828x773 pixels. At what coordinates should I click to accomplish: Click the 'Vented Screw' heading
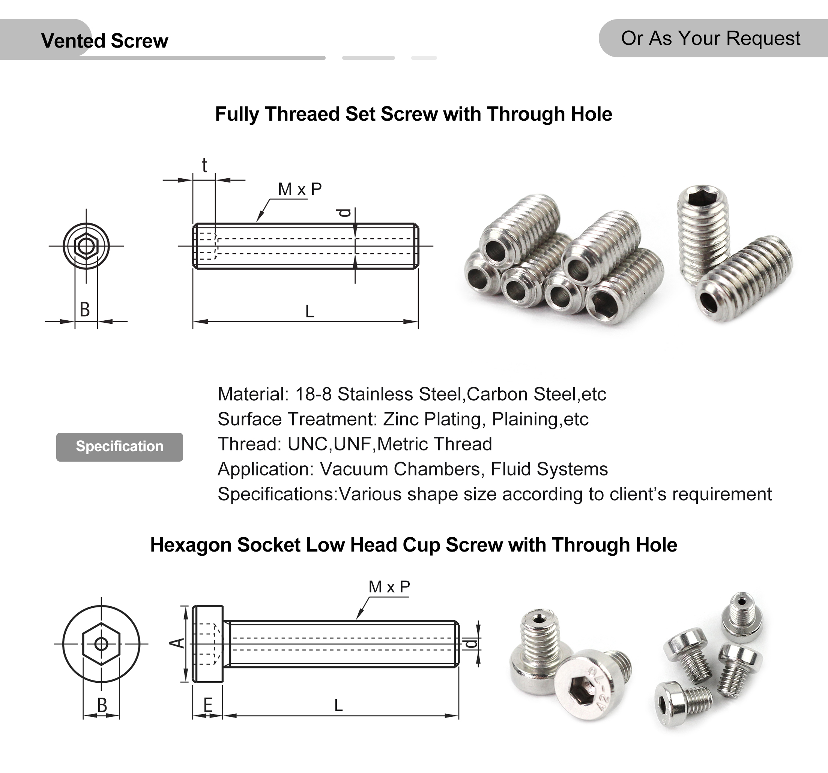pos(105,41)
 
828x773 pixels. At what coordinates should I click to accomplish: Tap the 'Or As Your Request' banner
pos(710,38)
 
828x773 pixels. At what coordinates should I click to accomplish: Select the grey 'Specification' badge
pos(120,446)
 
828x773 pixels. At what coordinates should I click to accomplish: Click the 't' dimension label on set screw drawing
pos(204,166)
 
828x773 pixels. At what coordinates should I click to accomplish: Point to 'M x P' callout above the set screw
pos(299,189)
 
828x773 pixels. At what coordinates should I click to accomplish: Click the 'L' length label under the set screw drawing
pos(310,311)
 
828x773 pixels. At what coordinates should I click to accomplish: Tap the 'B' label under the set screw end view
pos(85,309)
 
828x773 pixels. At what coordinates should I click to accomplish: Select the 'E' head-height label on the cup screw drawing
pos(207,705)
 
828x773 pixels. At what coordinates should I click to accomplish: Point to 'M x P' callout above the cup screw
pos(389,587)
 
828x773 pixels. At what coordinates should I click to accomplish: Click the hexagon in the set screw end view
pos(86,246)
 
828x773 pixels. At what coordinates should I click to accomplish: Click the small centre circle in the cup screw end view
pos(101,644)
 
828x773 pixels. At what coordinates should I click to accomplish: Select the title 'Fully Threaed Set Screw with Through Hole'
pos(413,114)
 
